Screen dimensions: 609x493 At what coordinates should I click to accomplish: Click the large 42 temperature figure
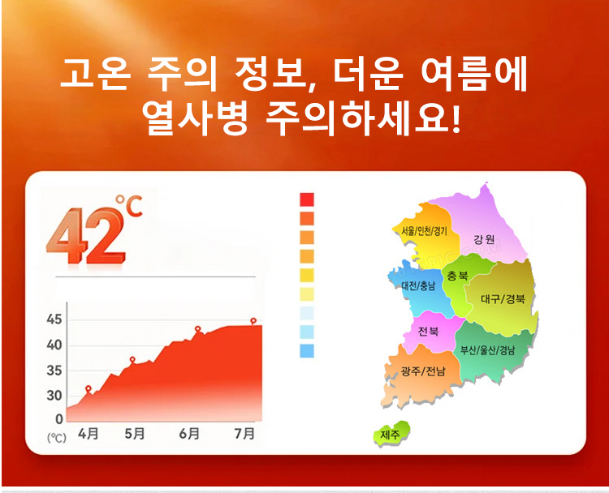[85, 236]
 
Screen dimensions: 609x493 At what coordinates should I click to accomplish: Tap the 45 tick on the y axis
[54, 319]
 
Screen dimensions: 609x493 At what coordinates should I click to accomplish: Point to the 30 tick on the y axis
[54, 396]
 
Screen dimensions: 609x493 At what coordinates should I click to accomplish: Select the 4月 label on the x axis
[89, 433]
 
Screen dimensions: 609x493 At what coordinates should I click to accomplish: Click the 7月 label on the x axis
[244, 433]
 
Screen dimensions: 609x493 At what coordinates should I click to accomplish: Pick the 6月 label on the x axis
[189, 433]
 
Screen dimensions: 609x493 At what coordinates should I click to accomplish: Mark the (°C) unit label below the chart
[57, 438]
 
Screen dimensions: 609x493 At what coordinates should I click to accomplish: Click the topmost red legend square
[307, 199]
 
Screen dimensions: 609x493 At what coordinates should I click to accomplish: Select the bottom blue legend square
[307, 350]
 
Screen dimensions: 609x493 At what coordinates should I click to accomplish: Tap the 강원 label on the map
[484, 239]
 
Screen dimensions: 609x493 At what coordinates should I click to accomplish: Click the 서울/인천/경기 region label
[424, 231]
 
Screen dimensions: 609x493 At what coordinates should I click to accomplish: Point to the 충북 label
[457, 276]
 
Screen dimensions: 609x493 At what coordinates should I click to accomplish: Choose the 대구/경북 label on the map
[503, 298]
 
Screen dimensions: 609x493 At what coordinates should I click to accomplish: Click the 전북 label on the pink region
[428, 332]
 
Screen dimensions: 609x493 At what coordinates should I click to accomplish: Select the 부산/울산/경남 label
[487, 349]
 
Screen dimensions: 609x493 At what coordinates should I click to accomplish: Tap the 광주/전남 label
[423, 371]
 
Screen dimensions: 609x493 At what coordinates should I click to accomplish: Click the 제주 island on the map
[391, 434]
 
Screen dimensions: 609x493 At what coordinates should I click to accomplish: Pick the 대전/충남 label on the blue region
[418, 286]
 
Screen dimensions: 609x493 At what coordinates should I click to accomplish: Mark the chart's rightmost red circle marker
[253, 321]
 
